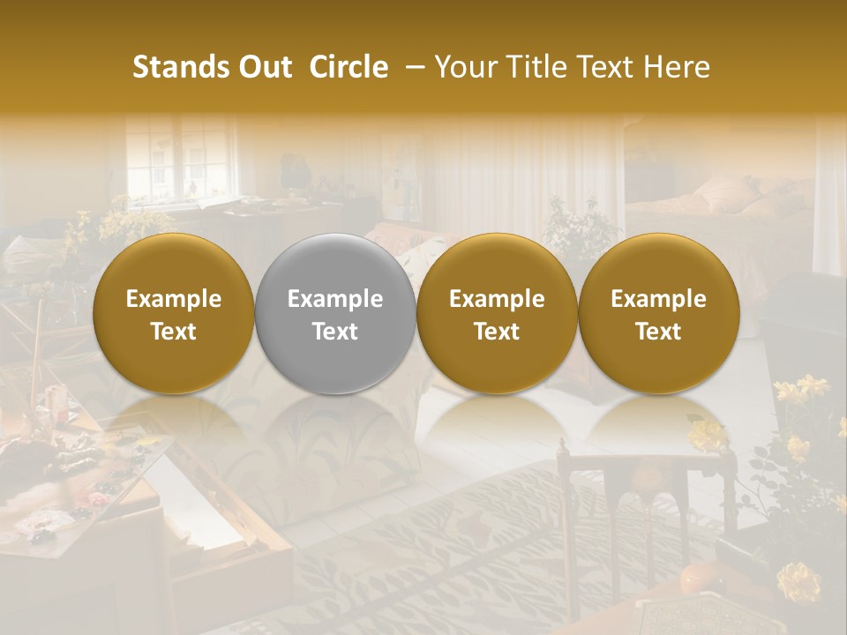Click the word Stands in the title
tap(178, 68)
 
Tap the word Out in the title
tap(262, 68)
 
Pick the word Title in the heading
tap(533, 68)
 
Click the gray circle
tap(335, 314)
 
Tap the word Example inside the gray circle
tap(335, 299)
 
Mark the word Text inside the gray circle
tap(335, 332)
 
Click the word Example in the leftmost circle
tap(174, 299)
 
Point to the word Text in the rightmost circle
tap(658, 332)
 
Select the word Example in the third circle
tap(497, 299)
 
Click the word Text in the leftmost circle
tap(174, 332)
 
